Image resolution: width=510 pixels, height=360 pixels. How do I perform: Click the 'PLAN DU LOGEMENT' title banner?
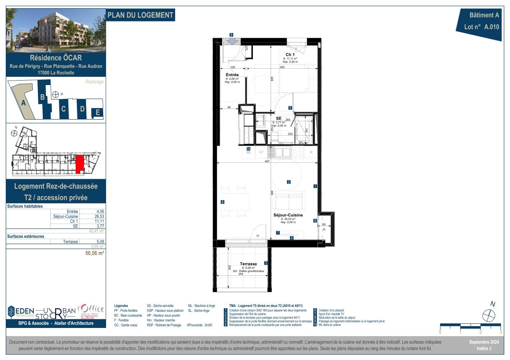pos(140,15)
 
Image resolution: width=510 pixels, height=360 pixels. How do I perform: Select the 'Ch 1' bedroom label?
pos(290,55)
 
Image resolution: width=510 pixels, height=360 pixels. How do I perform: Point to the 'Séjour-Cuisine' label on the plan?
pos(288,215)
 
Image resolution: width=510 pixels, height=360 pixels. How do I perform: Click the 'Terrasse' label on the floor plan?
pos(248,264)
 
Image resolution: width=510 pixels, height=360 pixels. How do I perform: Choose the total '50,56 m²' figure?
pos(94,254)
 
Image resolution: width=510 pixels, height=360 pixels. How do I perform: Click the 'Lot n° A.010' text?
pos(478,28)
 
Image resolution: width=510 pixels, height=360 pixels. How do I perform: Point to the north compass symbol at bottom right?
pos(489,316)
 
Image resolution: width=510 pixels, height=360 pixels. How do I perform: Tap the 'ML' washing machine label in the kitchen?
pos(248,152)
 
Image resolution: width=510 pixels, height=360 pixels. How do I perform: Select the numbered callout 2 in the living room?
pos(289,182)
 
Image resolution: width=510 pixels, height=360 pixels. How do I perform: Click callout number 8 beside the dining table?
pos(222,202)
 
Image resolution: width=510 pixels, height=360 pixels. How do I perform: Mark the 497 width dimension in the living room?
pos(267,162)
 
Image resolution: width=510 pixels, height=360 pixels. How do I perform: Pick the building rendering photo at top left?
pos(56,30)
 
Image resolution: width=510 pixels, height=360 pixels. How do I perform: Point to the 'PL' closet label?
pos(324,230)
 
